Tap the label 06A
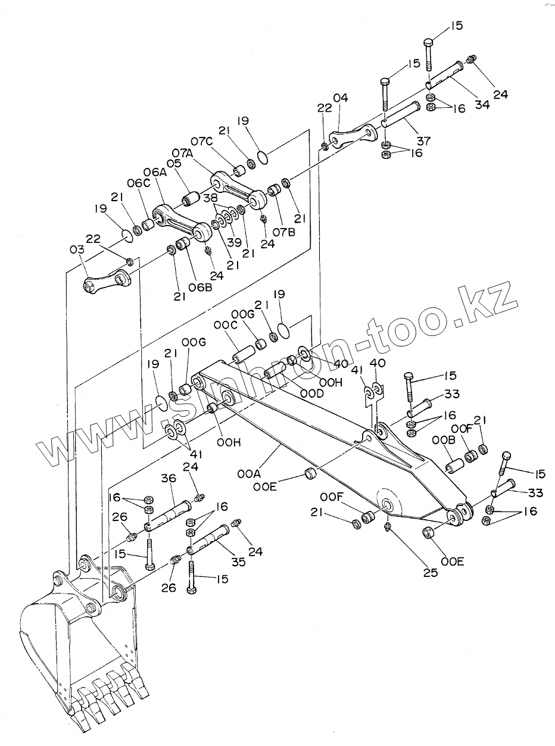tap(153, 173)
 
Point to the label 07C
tap(202, 142)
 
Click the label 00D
tap(312, 394)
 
